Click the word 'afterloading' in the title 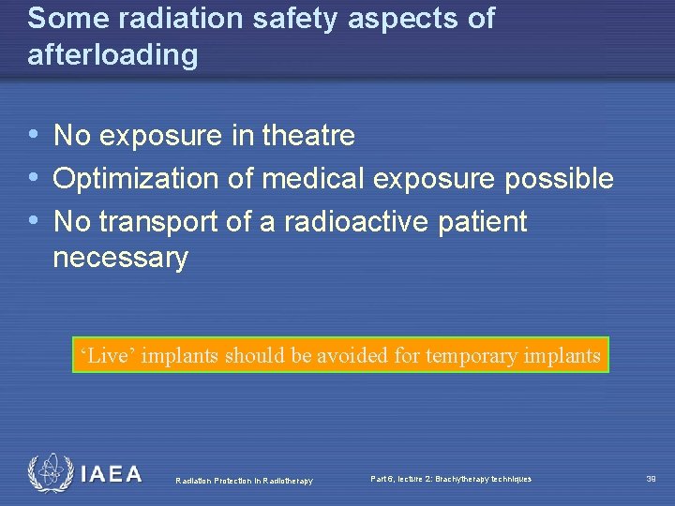pyautogui.click(x=112, y=55)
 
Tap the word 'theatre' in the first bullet pyautogui.click(x=308, y=136)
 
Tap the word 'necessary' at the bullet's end pyautogui.click(x=120, y=257)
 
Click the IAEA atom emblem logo pyautogui.click(x=49, y=473)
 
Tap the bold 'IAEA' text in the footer pyautogui.click(x=112, y=474)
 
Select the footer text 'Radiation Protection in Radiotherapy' pyautogui.click(x=244, y=481)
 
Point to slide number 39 pyautogui.click(x=651, y=479)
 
